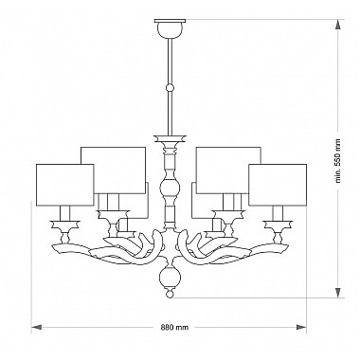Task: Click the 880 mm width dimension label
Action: pos(174,327)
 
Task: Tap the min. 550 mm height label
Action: pos(338,161)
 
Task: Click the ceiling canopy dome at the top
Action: pos(170,30)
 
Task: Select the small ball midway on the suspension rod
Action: pos(170,87)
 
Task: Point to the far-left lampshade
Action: pos(65,185)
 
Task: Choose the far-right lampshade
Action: pos(278,185)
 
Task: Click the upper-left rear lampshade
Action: pos(114,170)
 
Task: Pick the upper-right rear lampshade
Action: pos(228,170)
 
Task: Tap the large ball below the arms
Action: pos(170,277)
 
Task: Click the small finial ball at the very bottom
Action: pos(170,294)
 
